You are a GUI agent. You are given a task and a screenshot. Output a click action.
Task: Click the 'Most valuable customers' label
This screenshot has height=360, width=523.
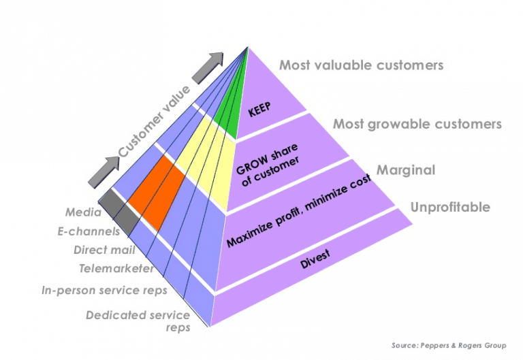coord(361,65)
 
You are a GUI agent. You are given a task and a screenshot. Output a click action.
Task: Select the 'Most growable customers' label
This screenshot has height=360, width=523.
coord(417,124)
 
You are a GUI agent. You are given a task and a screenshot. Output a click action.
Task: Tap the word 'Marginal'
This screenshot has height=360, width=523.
coord(406,170)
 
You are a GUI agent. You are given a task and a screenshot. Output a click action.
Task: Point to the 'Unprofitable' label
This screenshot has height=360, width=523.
coord(449,207)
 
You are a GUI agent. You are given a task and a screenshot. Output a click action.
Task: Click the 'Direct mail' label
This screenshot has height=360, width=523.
coord(100,250)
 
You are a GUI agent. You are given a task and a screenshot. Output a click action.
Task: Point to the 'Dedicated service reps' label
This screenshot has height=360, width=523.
coord(138,321)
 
